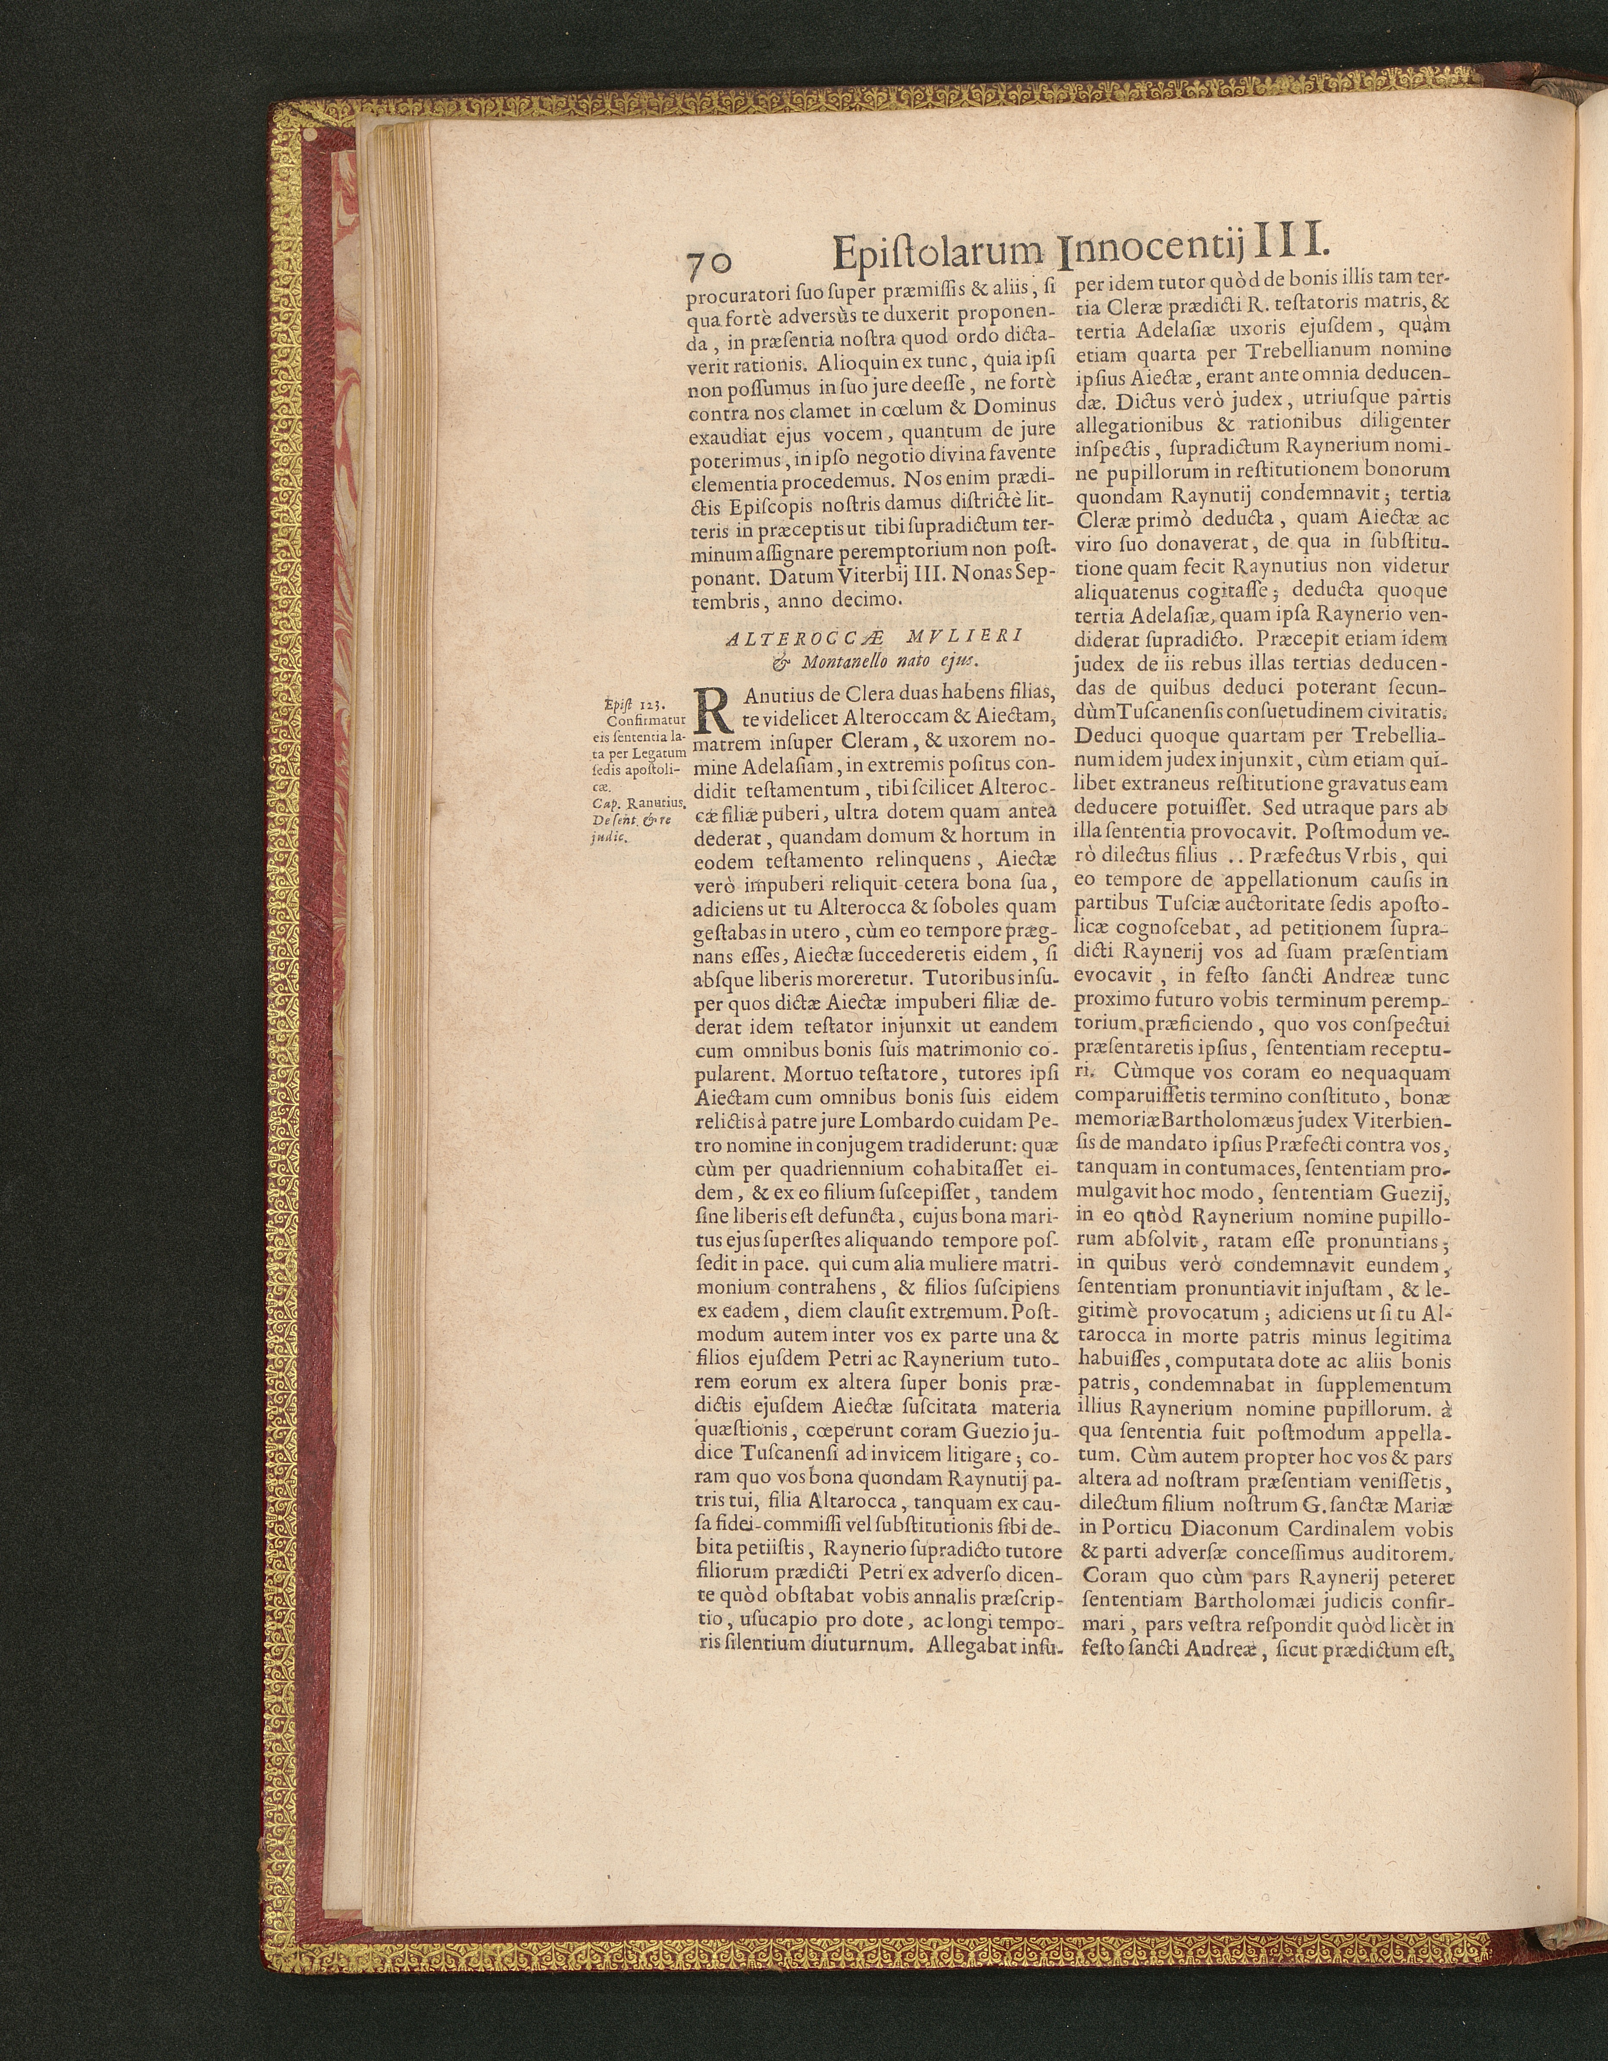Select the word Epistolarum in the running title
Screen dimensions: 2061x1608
point(940,253)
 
